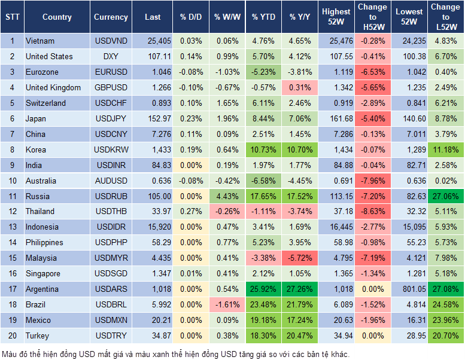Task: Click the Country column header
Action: (x=57, y=17)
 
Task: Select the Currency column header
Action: (x=111, y=17)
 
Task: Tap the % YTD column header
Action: (x=263, y=17)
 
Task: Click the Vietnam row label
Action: (x=40, y=41)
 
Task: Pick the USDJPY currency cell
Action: (x=111, y=118)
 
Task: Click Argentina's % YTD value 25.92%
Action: (x=263, y=289)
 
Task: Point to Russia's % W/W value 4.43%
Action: (x=227, y=196)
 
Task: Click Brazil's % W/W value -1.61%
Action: (x=227, y=305)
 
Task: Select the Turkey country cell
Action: (x=38, y=336)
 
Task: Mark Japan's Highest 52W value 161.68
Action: (x=336, y=118)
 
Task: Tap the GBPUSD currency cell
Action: (x=111, y=88)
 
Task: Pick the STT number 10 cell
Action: (x=12, y=181)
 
